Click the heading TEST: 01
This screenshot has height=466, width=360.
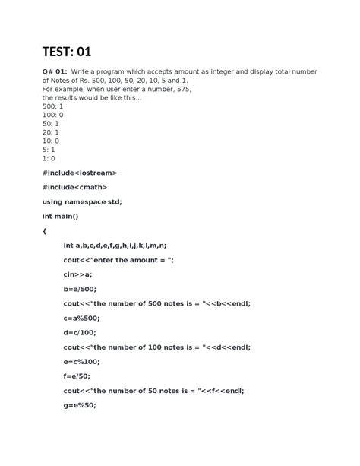[66, 52]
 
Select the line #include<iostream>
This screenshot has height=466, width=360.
[80, 173]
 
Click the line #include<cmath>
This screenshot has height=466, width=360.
[74, 187]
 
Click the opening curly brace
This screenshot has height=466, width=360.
[45, 230]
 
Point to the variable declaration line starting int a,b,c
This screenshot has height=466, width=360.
[115, 246]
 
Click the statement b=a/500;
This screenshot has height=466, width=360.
[80, 289]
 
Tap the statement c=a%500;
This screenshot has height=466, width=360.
[81, 318]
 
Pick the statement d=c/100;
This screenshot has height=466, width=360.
[80, 332]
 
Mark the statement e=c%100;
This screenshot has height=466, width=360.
[81, 361]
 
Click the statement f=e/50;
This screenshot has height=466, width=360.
[77, 376]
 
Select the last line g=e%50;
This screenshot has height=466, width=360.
[79, 405]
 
